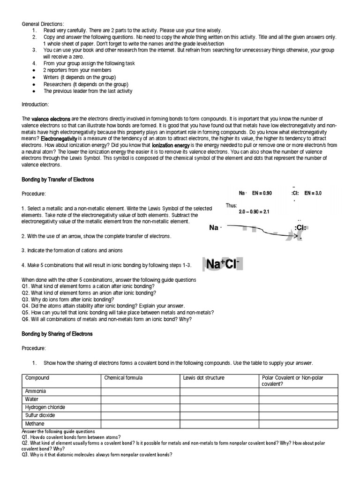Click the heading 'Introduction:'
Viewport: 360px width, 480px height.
[35, 104]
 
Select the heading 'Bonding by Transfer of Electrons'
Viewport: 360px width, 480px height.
[58, 180]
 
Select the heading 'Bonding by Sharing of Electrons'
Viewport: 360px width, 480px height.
[57, 334]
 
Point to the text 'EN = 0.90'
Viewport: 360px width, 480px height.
[262, 193]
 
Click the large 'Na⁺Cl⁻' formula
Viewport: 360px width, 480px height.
[223, 265]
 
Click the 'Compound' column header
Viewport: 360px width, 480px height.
[37, 378]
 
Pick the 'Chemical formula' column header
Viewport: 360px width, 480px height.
[123, 378]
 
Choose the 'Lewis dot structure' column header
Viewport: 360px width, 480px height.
[203, 378]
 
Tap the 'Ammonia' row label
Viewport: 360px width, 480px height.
[36, 391]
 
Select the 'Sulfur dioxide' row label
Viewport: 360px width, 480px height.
[40, 415]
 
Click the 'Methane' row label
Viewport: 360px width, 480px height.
[35, 424]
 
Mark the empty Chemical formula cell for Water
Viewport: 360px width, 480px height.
[140, 399]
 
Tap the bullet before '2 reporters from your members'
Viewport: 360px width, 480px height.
[34, 70]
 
